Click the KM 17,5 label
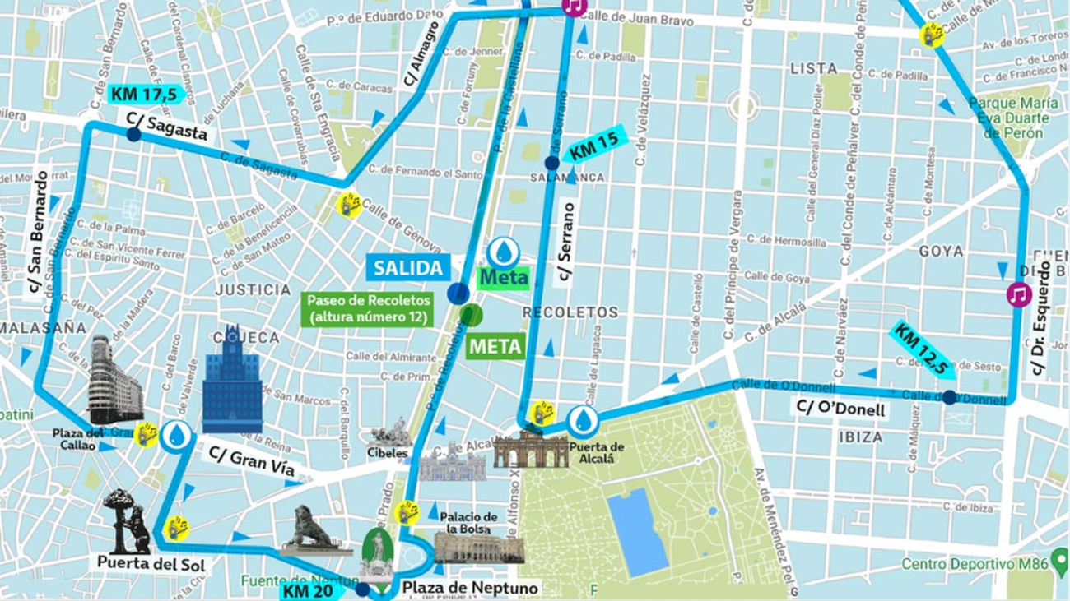pyautogui.click(x=142, y=93)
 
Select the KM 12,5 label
pyautogui.click(x=922, y=350)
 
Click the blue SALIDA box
pyautogui.click(x=409, y=267)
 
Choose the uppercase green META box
pyautogui.click(x=496, y=346)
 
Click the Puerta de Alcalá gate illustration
pyautogui.click(x=531, y=449)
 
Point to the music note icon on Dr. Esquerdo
pyautogui.click(x=1019, y=294)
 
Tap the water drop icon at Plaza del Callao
pyautogui.click(x=176, y=436)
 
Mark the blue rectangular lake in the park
pyautogui.click(x=637, y=530)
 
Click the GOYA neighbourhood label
pyautogui.click(x=941, y=251)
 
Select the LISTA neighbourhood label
pyautogui.click(x=813, y=69)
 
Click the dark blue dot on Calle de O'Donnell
pyautogui.click(x=949, y=397)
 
